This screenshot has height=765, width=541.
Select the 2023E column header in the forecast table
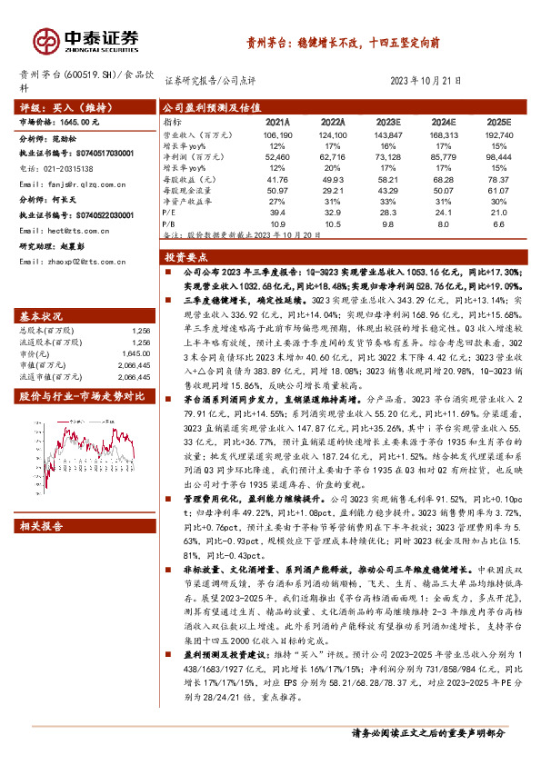(x=386, y=121)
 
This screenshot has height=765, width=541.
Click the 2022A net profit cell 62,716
(x=332, y=155)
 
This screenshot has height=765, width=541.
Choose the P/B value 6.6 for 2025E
(x=497, y=222)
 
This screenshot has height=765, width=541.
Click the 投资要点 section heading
(x=189, y=257)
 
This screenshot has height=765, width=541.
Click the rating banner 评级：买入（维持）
(x=64, y=105)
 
